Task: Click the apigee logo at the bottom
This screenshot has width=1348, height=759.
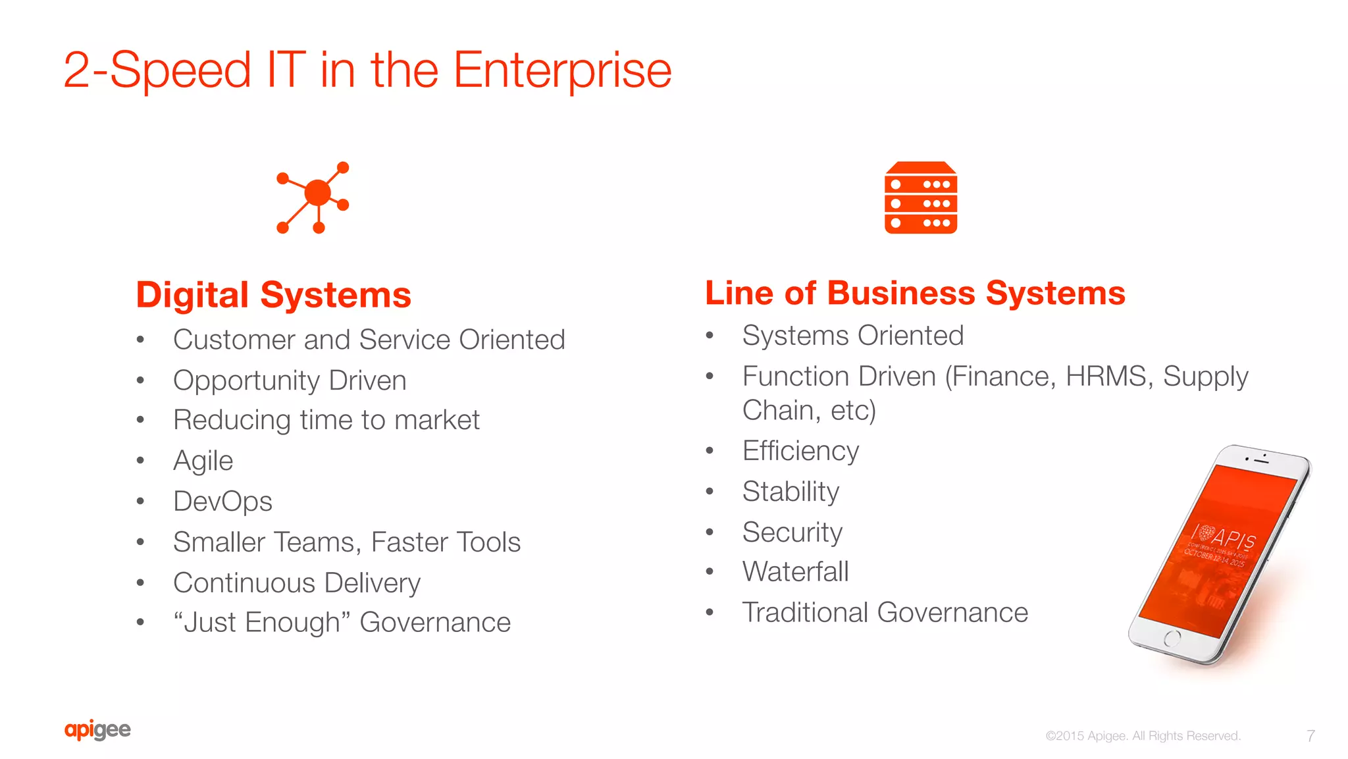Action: (97, 729)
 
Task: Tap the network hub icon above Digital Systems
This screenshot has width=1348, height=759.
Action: (314, 197)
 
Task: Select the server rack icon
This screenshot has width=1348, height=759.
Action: (920, 197)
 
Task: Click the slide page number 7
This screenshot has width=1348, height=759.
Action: (1310, 735)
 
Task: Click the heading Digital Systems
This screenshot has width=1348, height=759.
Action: (273, 294)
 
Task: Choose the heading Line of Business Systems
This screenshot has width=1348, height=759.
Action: (915, 293)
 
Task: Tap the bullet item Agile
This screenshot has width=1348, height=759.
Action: (203, 461)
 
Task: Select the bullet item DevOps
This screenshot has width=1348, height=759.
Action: (222, 502)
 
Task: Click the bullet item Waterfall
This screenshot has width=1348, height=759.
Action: (795, 571)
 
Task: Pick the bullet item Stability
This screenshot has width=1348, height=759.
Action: (791, 492)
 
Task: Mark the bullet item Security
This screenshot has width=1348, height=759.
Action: (792, 532)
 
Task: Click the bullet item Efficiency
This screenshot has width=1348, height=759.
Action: (800, 451)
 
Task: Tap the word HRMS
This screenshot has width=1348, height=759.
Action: (1106, 377)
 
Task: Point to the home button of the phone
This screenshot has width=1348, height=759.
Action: (1172, 638)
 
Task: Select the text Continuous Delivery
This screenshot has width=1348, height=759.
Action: (297, 583)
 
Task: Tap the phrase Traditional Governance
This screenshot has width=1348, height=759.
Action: (885, 612)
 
